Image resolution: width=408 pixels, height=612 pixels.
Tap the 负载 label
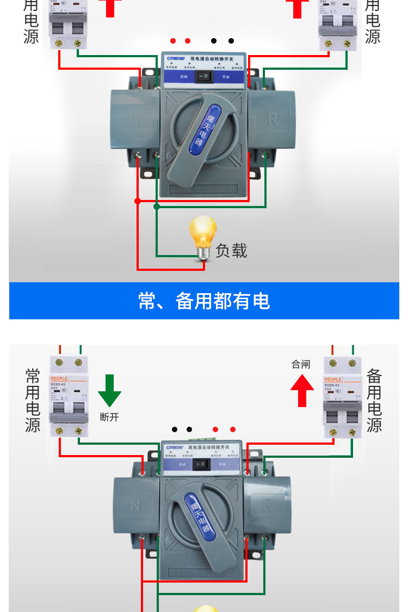[231, 251]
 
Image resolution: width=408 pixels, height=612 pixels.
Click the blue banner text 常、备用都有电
[204, 301]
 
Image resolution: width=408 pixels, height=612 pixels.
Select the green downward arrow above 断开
[109, 390]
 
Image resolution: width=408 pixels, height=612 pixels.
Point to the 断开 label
[109, 417]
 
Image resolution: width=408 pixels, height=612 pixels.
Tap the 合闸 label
[301, 364]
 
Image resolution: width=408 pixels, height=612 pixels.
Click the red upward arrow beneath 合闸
[302, 390]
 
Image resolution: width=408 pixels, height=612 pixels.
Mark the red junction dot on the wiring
[137, 201]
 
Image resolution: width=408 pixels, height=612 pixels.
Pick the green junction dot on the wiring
[157, 207]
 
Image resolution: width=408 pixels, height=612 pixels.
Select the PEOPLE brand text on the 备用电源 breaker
[333, 379]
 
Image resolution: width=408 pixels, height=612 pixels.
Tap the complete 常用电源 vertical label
[33, 400]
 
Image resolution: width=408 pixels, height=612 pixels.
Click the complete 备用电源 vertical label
[374, 400]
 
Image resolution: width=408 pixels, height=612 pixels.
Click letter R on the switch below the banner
[267, 505]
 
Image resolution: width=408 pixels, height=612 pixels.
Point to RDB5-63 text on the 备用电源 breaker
[333, 385]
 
